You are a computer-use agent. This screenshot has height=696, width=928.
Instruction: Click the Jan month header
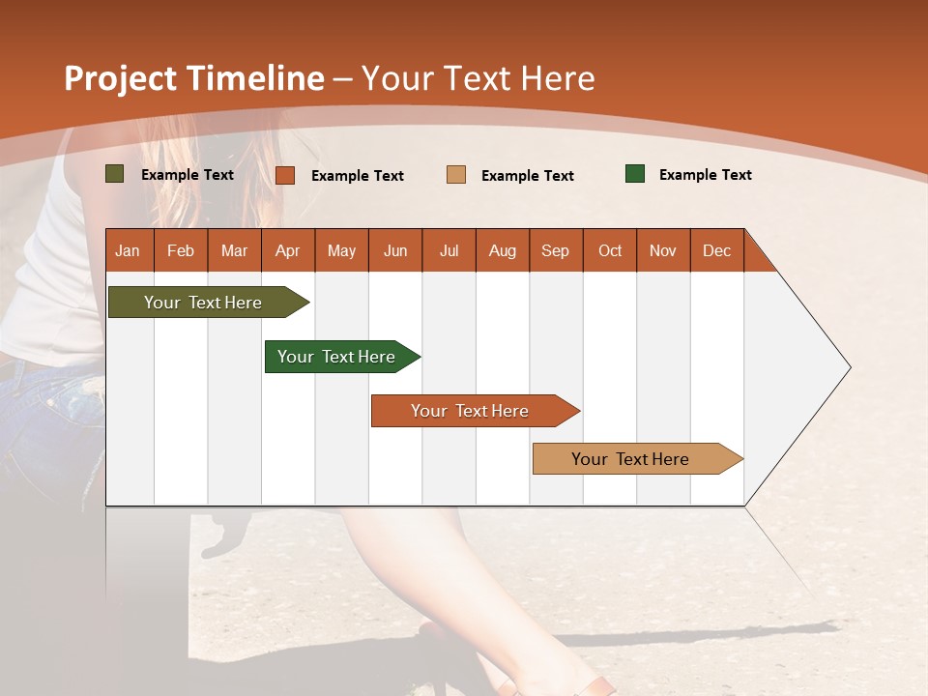(x=129, y=250)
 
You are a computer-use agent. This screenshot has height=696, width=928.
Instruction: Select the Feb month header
(x=181, y=250)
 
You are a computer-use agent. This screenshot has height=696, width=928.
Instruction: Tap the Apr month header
(x=288, y=250)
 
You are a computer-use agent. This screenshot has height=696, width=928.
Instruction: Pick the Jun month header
(x=395, y=250)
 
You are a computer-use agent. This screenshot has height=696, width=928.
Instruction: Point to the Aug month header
(x=503, y=250)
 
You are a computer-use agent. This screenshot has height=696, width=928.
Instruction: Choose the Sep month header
(x=556, y=250)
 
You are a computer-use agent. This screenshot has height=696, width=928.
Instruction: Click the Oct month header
(x=610, y=250)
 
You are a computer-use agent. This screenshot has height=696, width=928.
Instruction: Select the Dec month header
(x=717, y=250)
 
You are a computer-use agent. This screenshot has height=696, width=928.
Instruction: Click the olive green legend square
(x=115, y=174)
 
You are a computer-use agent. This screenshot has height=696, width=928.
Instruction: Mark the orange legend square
(x=285, y=175)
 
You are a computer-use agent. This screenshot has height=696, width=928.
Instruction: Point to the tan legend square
(x=456, y=175)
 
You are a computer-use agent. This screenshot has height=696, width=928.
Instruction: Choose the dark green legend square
(x=635, y=174)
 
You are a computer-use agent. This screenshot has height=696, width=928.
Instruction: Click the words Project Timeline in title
(x=194, y=78)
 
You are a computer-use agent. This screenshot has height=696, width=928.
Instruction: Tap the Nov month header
(x=663, y=250)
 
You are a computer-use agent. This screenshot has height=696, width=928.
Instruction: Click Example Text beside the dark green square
(x=705, y=175)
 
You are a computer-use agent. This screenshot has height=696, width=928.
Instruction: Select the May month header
(x=341, y=250)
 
